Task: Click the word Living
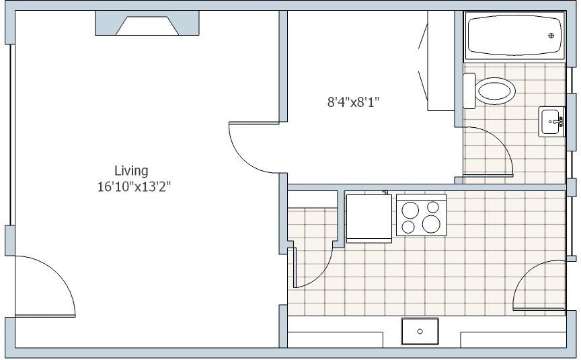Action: point(130,170)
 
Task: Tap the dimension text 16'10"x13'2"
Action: point(134,186)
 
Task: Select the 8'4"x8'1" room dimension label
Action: point(354,102)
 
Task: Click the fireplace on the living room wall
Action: point(147,26)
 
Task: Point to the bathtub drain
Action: point(551,36)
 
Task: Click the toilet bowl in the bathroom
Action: point(496,91)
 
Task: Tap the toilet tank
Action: point(469,90)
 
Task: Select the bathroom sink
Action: point(552,122)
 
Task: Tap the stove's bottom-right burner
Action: point(432,223)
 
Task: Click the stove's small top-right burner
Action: point(431,208)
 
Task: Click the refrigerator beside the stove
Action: point(368,216)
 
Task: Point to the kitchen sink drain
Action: point(420,331)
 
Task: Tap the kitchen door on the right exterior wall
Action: point(538,286)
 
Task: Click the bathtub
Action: point(514,36)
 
